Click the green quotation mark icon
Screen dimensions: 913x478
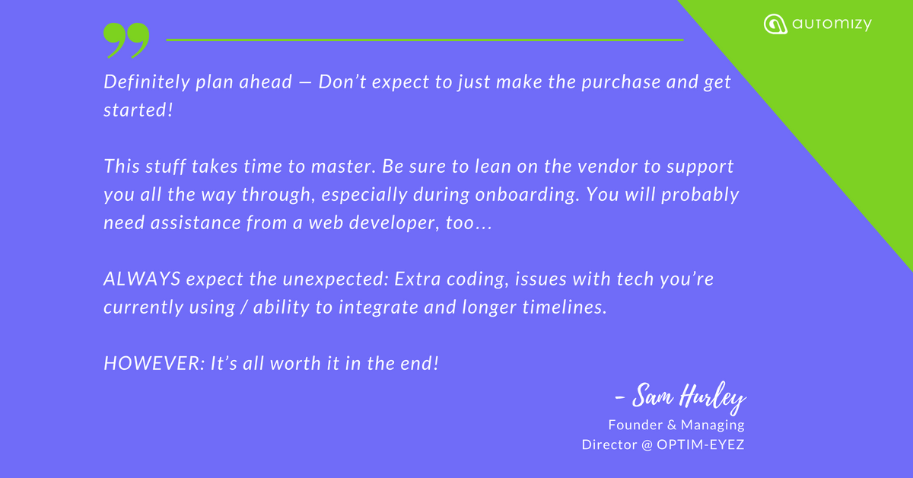tap(126, 40)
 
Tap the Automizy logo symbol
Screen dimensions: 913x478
tap(775, 24)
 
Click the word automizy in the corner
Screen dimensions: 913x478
tap(832, 24)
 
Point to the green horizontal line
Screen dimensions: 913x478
tap(425, 40)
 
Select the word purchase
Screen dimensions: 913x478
tap(621, 83)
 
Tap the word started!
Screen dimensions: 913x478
tap(138, 110)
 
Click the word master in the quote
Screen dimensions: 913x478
tap(342, 167)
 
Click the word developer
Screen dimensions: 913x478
tap(394, 223)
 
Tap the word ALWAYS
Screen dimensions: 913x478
tap(142, 279)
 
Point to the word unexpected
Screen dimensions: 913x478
tap(335, 279)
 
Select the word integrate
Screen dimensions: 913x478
tap(378, 308)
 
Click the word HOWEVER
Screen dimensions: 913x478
tap(154, 363)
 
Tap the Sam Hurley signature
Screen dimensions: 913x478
tap(681, 397)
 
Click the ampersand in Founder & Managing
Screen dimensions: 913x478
tap(672, 425)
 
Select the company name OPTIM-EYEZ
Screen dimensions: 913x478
tap(700, 445)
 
